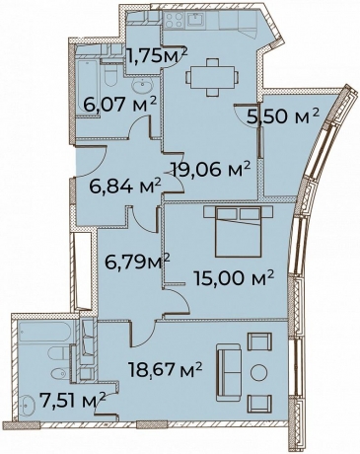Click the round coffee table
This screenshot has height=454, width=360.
click(x=260, y=371)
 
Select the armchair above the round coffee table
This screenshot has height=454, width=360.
click(x=259, y=341)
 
